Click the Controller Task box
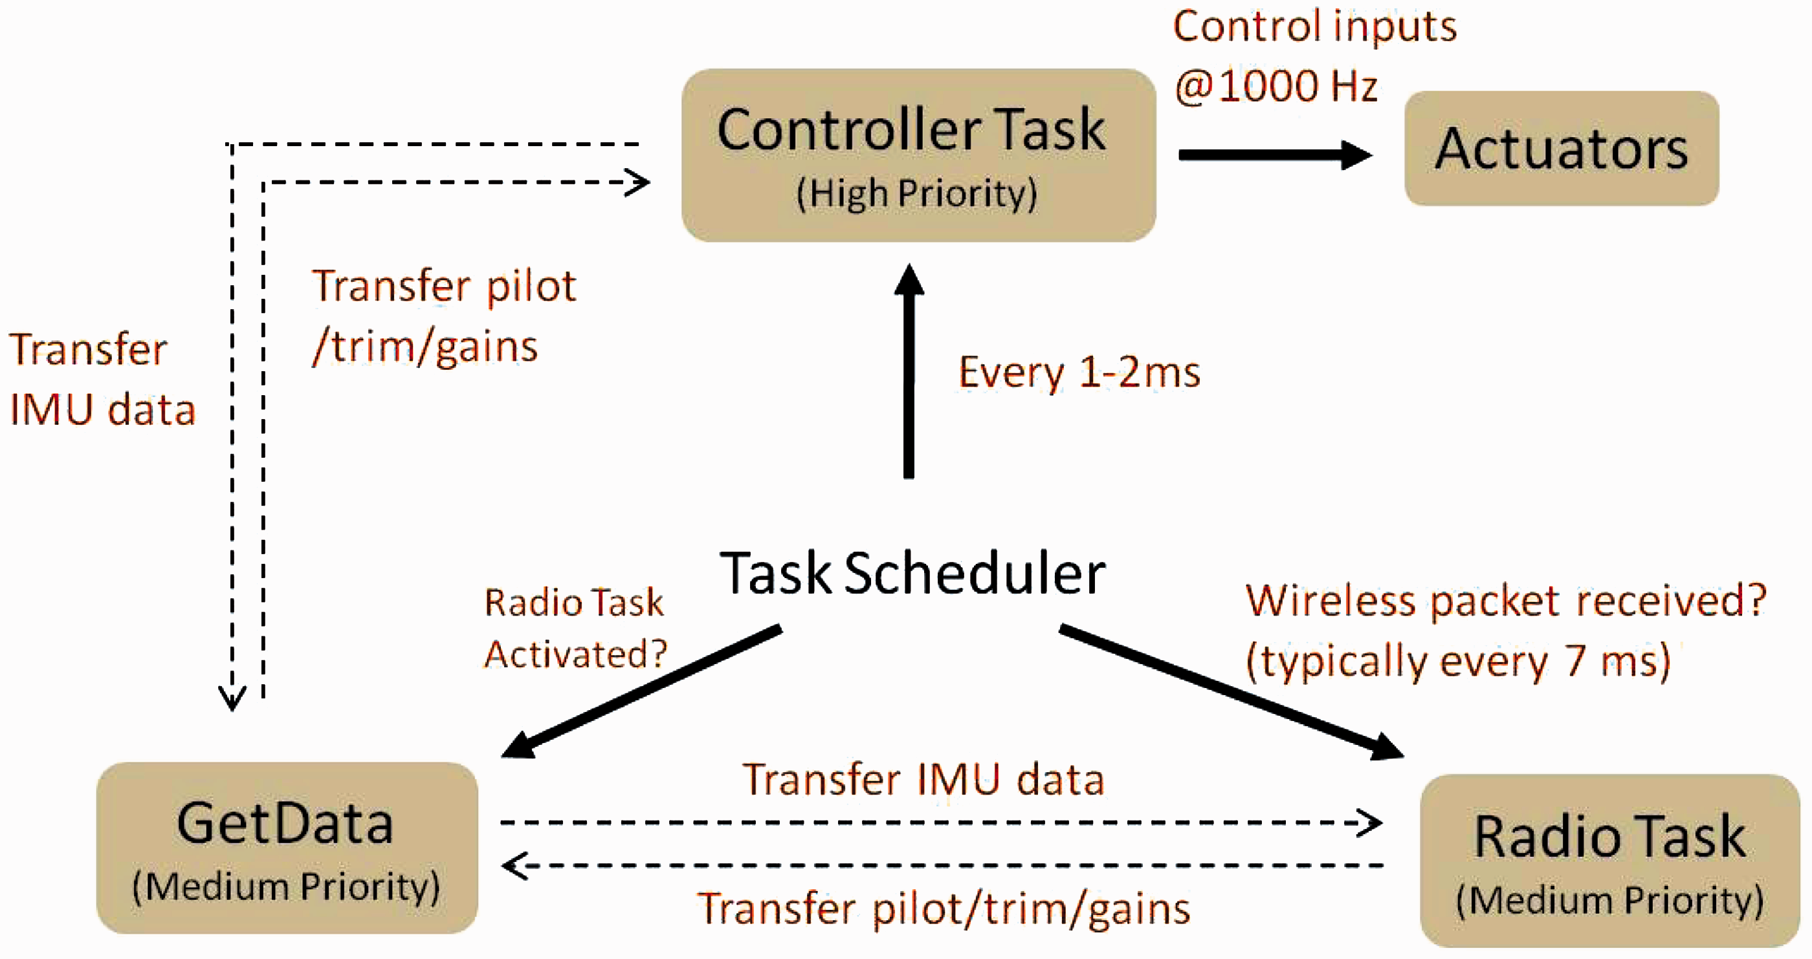pyautogui.click(x=919, y=155)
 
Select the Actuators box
pyautogui.click(x=1562, y=148)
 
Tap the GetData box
pyautogui.click(x=287, y=848)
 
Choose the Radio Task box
pyautogui.click(x=1610, y=861)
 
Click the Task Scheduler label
pyautogui.click(x=912, y=573)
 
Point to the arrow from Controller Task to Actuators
pyautogui.click(x=1276, y=155)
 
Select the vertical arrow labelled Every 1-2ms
pyautogui.click(x=909, y=371)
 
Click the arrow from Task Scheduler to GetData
pyautogui.click(x=641, y=691)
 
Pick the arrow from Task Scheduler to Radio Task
pyautogui.click(x=1232, y=692)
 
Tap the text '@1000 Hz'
pyautogui.click(x=1276, y=86)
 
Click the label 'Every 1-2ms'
pyautogui.click(x=1079, y=372)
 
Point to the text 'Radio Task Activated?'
pyautogui.click(x=575, y=628)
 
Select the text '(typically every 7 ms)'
pyautogui.click(x=1457, y=662)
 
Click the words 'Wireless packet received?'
pyautogui.click(x=1506, y=602)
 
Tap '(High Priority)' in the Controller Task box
pyautogui.click(x=916, y=193)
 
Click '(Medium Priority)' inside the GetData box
pyautogui.click(x=286, y=887)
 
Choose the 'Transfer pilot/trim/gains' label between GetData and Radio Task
pyautogui.click(x=944, y=909)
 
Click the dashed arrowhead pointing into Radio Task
pyautogui.click(x=1369, y=823)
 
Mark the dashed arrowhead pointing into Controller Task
pyautogui.click(x=637, y=183)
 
